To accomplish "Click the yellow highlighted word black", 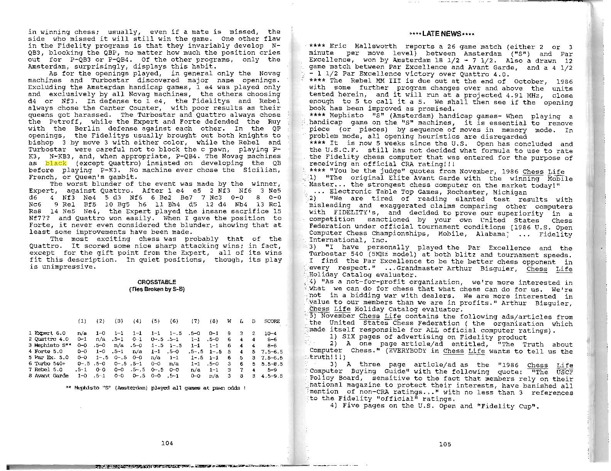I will click(56, 163).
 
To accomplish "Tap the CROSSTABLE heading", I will click(157, 282).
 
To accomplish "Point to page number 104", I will click(167, 443).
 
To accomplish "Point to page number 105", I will click(445, 444).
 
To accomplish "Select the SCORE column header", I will click(272, 321).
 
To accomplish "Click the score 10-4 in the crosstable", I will click(271, 333).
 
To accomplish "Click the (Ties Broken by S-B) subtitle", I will click(157, 289).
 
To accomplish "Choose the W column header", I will click(229, 321).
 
